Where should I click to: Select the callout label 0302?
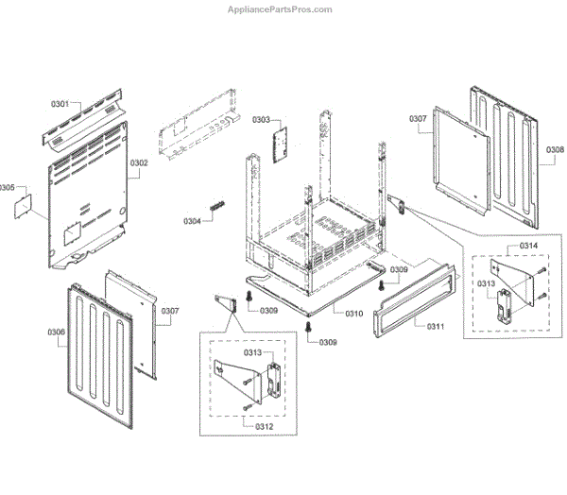point(139,162)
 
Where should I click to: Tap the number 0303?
point(261,120)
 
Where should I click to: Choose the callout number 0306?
point(56,332)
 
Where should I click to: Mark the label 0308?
point(555,149)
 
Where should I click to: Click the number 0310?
point(354,314)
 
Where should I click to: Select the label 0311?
point(436,327)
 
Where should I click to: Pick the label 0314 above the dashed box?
point(528,247)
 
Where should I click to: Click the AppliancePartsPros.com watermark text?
point(281,9)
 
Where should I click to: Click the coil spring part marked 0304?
point(217,207)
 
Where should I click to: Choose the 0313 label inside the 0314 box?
point(486,283)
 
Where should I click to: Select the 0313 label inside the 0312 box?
point(252,352)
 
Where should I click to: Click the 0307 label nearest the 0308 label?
point(418,118)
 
